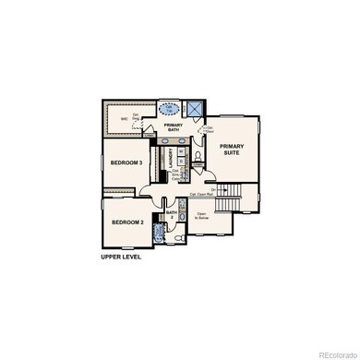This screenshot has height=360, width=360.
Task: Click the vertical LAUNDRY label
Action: pyautogui.click(x=170, y=158)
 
